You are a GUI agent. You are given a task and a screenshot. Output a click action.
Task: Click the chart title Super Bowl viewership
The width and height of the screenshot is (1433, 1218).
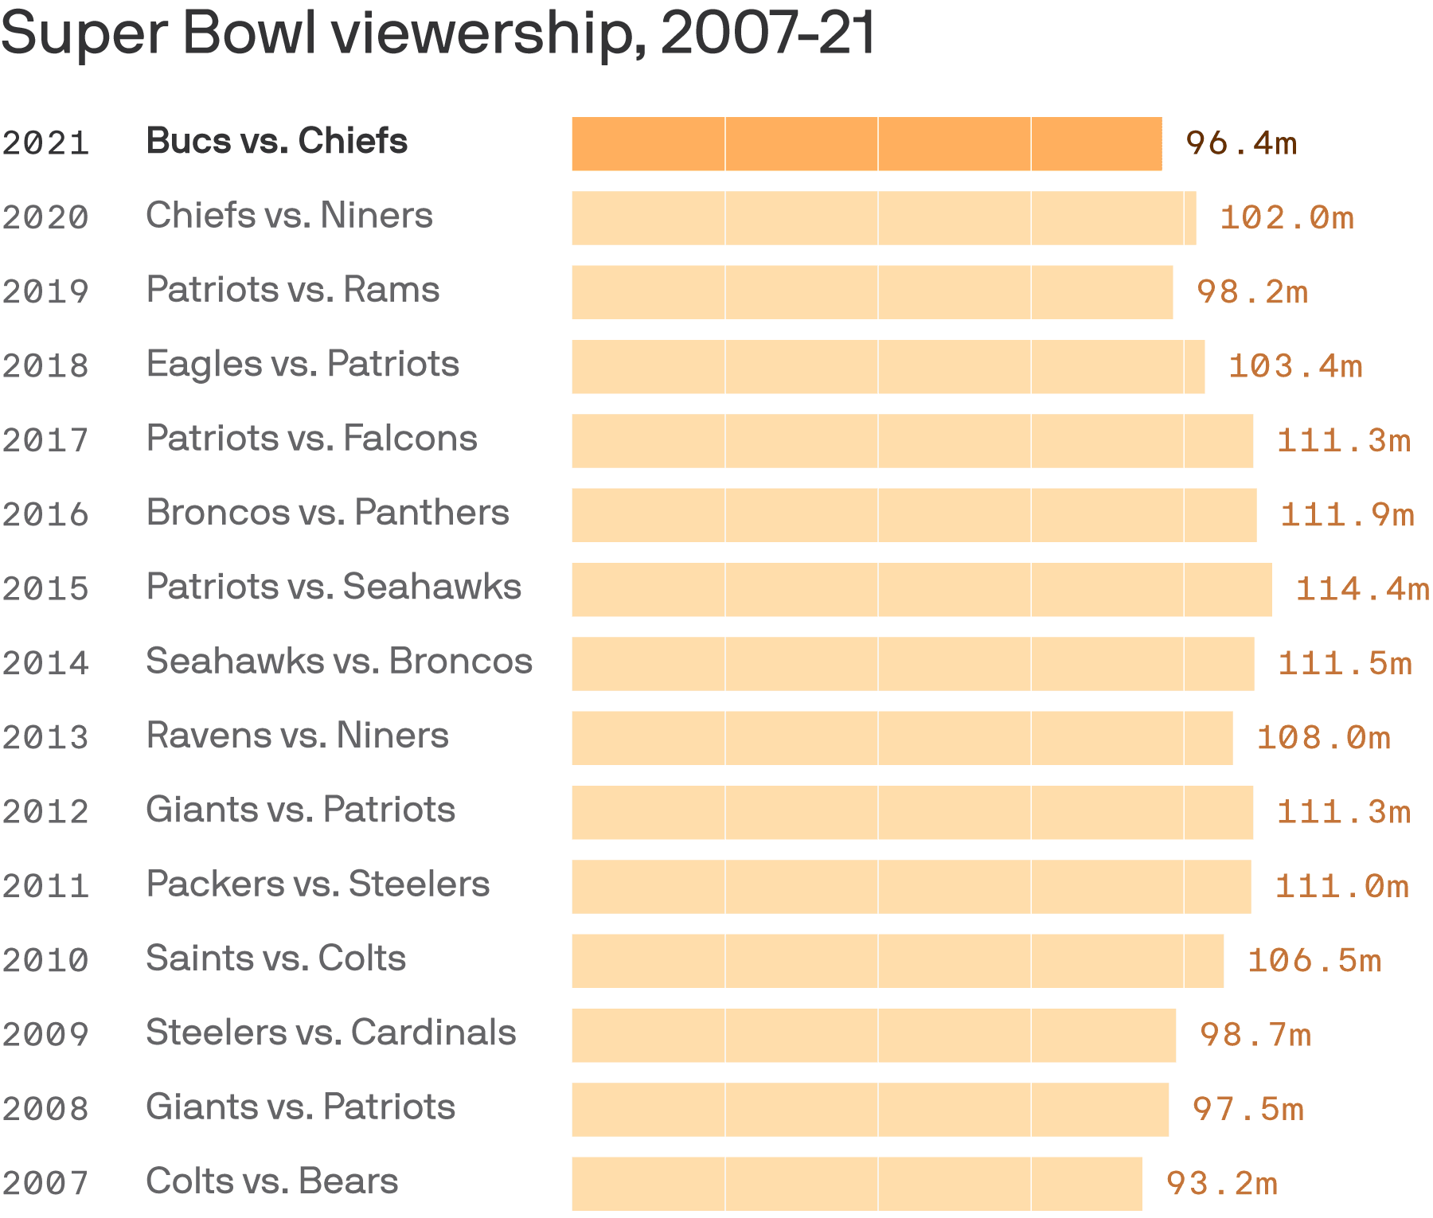coord(438,33)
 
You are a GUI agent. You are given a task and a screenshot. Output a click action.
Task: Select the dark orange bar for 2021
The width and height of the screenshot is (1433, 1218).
coord(866,144)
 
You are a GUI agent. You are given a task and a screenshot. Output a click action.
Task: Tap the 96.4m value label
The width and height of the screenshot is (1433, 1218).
coord(1241,144)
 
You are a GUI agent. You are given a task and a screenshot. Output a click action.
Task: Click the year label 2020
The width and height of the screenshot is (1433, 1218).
coord(45,217)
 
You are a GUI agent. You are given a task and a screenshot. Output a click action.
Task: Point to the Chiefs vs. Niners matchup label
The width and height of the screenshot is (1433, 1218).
coord(289,216)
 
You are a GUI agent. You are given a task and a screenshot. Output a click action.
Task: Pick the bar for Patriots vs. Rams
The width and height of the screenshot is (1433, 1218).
coord(872,292)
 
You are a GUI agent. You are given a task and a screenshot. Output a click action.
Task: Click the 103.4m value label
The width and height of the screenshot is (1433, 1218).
coord(1295,366)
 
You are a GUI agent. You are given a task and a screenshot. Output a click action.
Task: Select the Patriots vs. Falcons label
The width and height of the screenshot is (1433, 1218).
coord(311,439)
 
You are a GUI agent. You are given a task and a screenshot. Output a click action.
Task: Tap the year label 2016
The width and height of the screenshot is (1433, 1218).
coord(45,515)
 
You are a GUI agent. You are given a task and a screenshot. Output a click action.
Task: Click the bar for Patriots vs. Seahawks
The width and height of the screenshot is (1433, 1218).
coord(921,590)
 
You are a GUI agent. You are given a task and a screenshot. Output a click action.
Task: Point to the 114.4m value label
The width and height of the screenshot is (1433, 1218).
coord(1362,589)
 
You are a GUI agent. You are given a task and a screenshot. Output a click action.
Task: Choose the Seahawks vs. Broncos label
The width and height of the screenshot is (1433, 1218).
coord(339,662)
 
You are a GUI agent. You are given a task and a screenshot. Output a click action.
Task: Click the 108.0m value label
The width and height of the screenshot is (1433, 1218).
coord(1323,738)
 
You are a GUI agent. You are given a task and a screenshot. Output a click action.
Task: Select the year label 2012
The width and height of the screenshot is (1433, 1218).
coord(45,812)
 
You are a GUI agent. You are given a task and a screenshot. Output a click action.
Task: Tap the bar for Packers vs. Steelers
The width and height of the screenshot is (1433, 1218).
coord(911,887)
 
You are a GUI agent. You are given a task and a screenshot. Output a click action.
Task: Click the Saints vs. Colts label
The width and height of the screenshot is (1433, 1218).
coord(275,958)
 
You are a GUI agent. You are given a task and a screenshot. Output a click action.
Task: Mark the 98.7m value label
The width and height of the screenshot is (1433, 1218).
coord(1255,1035)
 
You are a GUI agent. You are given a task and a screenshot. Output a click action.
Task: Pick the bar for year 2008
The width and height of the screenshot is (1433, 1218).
coord(869,1110)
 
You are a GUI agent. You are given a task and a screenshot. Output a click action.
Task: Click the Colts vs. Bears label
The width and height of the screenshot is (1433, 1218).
coord(271,1181)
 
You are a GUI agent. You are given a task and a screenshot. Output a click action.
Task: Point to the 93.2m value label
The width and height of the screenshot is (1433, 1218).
coord(1222,1184)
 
